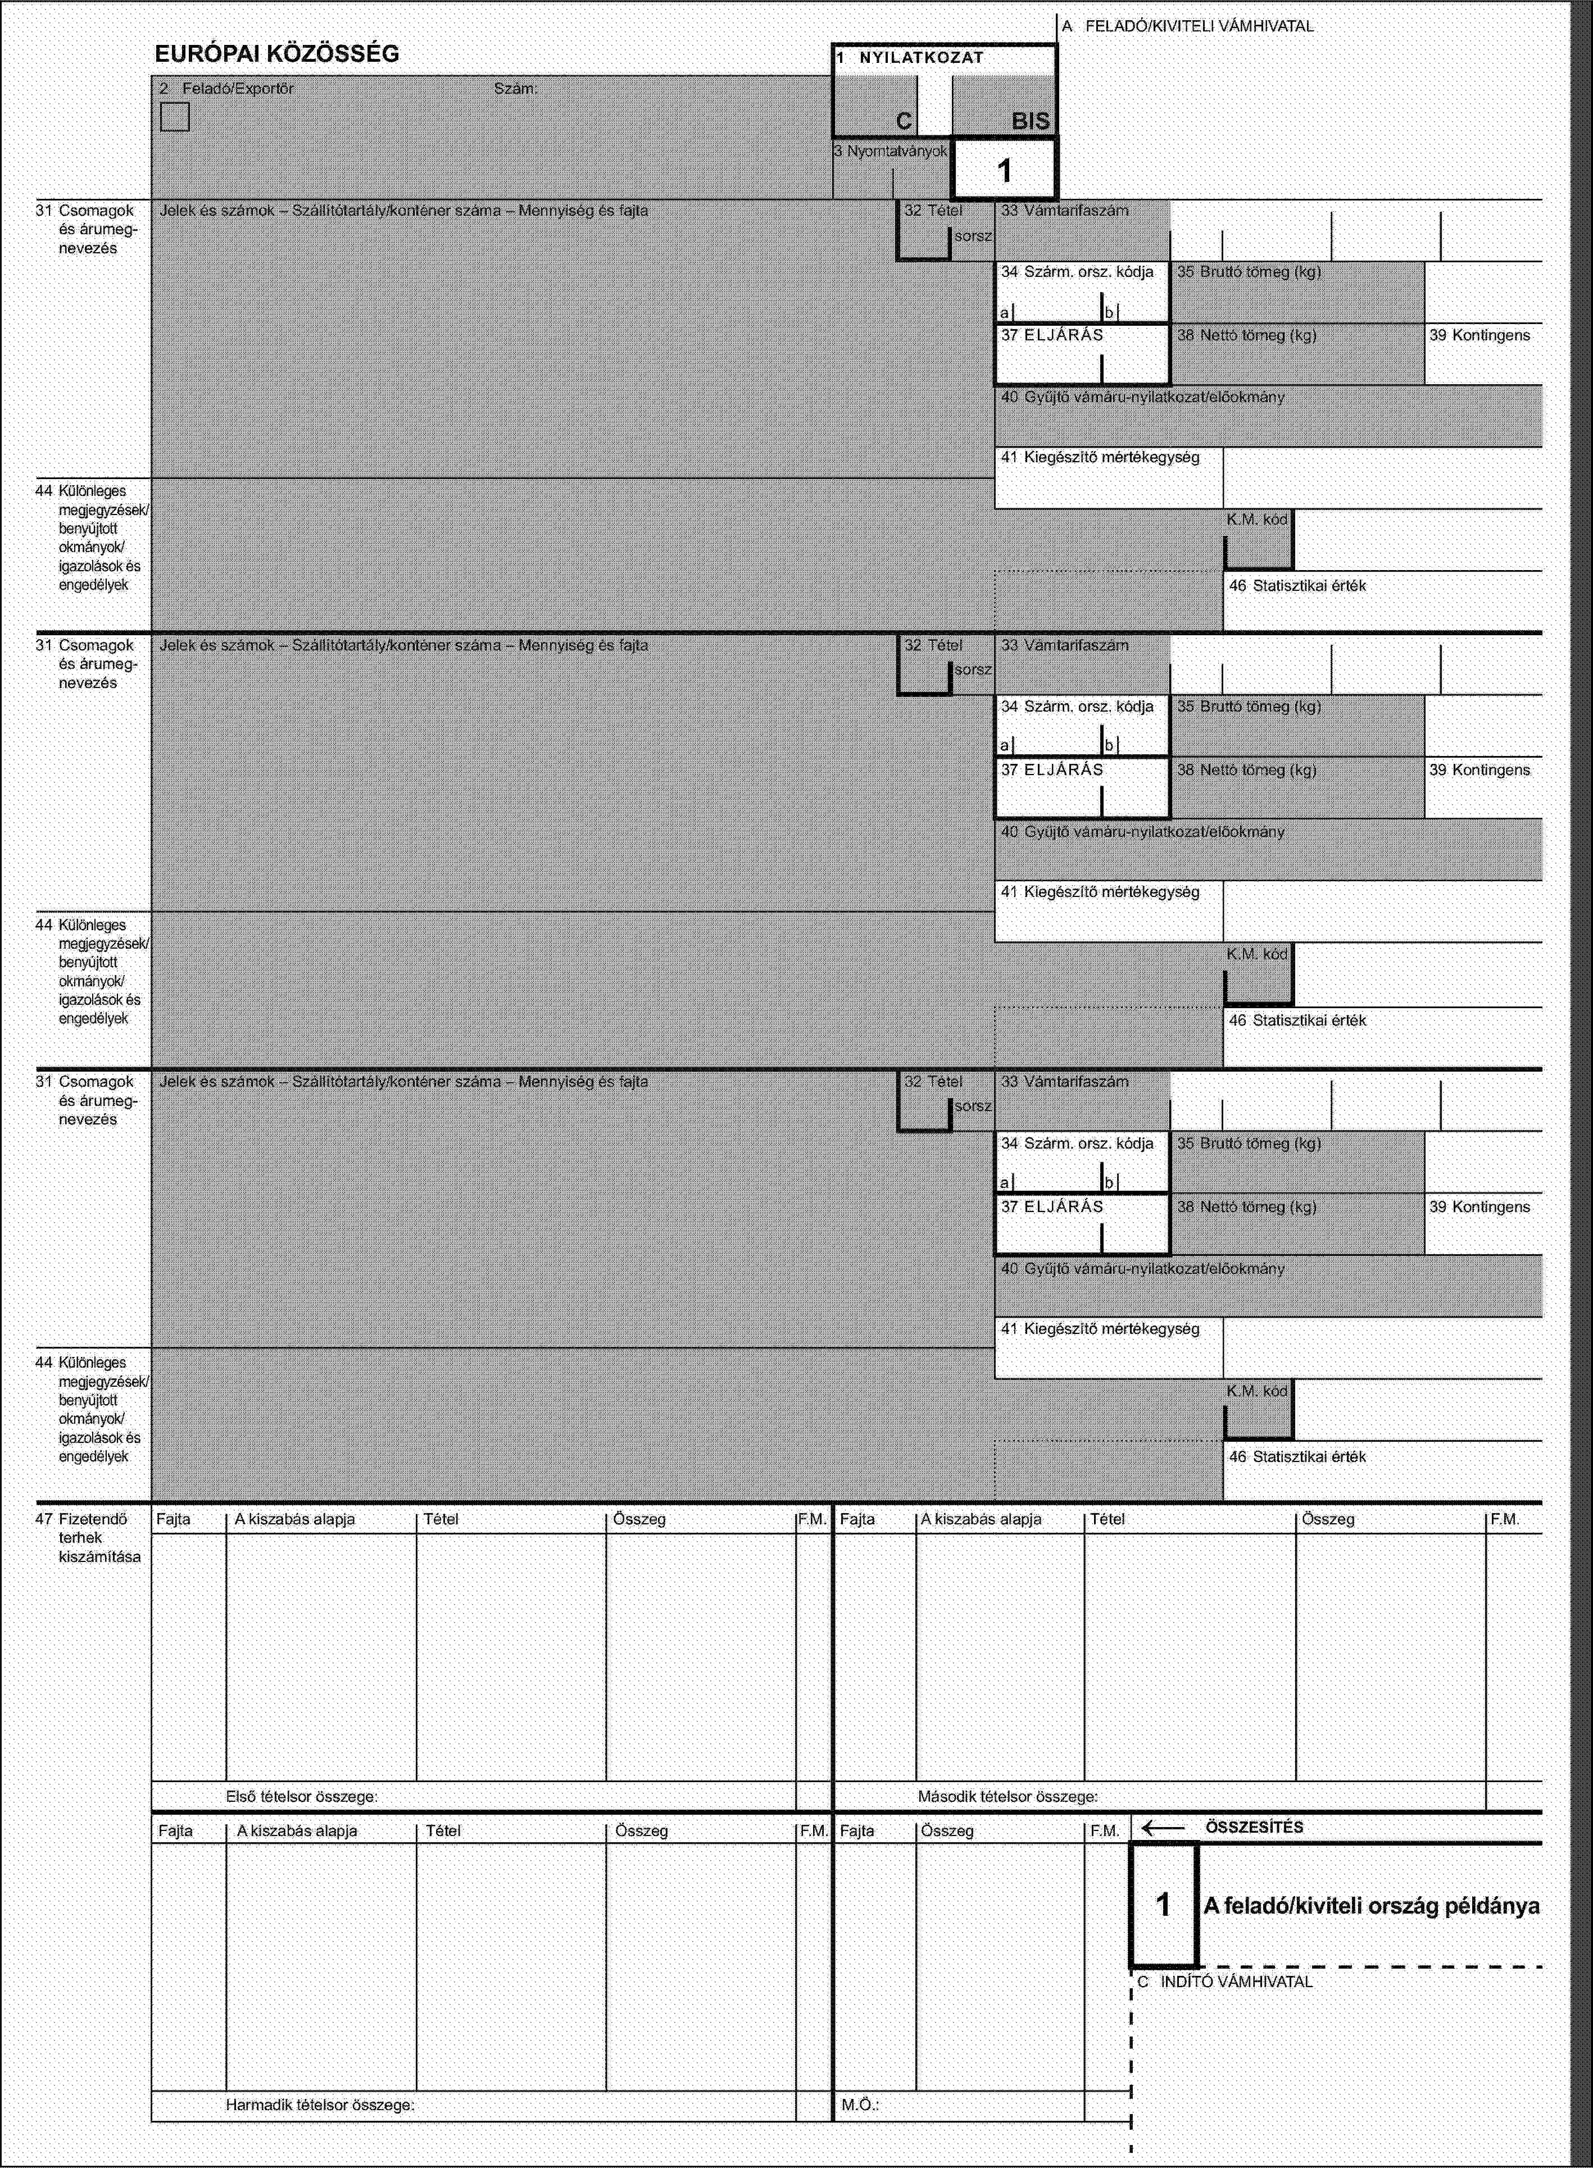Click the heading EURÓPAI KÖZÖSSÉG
277,54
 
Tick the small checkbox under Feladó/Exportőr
175,117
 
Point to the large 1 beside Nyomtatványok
1004,171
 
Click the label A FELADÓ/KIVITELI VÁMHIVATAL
1188,27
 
